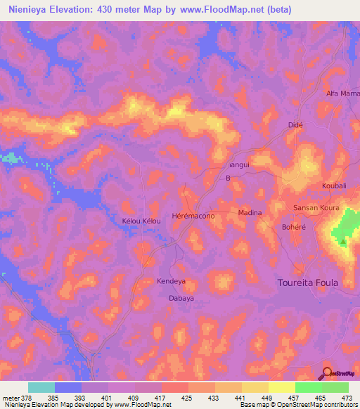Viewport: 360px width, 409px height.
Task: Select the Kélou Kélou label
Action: (x=142, y=221)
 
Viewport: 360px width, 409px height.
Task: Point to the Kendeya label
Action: (x=171, y=281)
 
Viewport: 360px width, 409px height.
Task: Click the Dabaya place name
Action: (x=181, y=298)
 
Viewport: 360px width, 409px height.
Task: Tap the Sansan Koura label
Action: (x=316, y=209)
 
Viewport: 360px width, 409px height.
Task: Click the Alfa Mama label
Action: (x=342, y=93)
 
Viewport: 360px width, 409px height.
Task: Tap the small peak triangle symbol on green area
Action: (x=342, y=242)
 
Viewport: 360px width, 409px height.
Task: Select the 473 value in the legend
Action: (x=346, y=398)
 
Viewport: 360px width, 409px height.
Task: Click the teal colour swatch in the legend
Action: (x=41, y=387)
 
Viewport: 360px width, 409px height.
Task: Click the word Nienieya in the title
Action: (x=34, y=10)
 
